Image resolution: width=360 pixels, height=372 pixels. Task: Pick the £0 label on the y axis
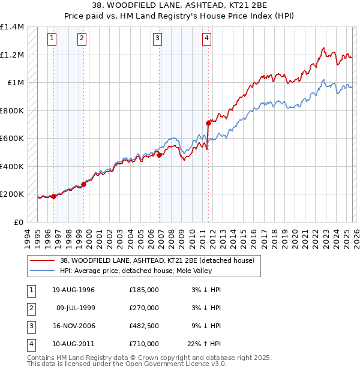tap(18, 222)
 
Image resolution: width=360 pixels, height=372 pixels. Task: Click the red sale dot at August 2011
tap(208, 123)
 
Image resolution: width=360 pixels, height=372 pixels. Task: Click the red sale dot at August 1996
tap(54, 196)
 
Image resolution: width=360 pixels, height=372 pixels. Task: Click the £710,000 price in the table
tap(144, 344)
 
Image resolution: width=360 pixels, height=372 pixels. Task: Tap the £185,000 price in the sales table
tap(144, 290)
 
